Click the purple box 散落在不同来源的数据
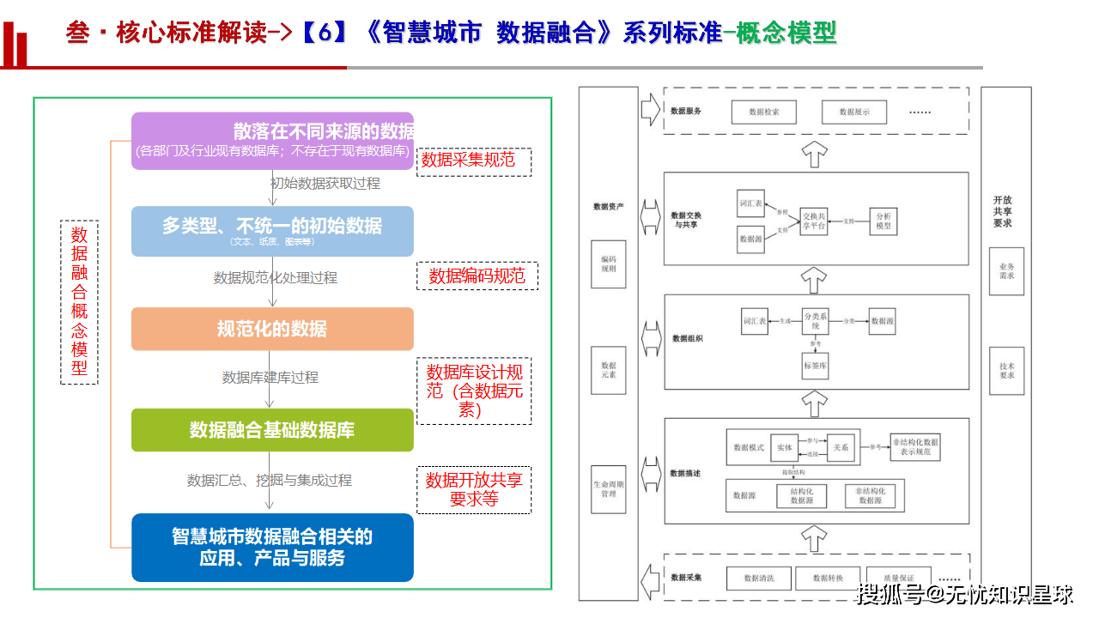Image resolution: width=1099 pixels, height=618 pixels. (x=272, y=141)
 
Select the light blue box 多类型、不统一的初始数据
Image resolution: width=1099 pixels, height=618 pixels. (x=272, y=231)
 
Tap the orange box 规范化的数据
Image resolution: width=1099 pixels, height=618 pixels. (x=272, y=329)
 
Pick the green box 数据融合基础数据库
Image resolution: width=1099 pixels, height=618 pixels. (x=272, y=430)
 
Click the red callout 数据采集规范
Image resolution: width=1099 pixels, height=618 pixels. (x=473, y=161)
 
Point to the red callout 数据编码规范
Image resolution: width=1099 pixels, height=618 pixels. (x=477, y=276)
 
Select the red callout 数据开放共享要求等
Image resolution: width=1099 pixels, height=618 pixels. (x=474, y=489)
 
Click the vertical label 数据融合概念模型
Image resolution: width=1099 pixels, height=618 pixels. (x=79, y=302)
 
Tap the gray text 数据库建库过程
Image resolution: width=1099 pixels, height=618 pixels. (x=270, y=378)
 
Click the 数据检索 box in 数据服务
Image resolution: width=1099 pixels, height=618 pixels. (x=763, y=112)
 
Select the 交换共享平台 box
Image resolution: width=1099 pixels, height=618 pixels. (x=813, y=221)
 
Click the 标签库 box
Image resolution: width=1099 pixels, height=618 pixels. (x=815, y=365)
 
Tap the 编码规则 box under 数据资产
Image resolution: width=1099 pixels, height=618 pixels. (x=609, y=264)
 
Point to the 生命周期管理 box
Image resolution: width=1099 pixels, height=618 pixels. (x=609, y=489)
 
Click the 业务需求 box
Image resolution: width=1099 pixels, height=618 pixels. (x=1006, y=271)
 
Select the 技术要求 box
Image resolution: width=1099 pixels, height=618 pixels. (x=1006, y=370)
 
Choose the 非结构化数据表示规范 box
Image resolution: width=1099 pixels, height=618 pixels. (x=915, y=446)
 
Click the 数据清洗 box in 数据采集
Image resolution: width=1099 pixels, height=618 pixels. (x=758, y=579)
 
